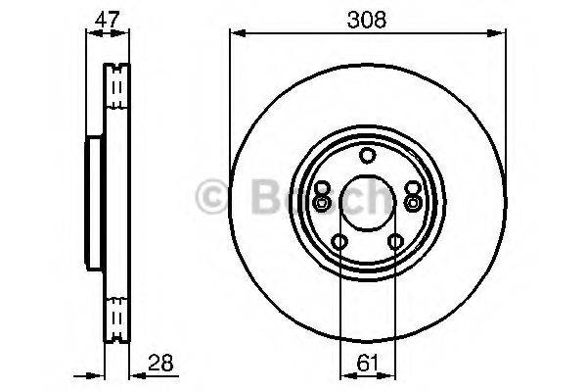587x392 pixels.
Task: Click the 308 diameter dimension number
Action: coord(367,18)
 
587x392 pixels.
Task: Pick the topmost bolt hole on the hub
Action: coord(367,155)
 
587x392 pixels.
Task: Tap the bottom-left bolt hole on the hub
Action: coord(339,242)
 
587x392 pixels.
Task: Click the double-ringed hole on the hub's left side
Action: coord(322,202)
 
